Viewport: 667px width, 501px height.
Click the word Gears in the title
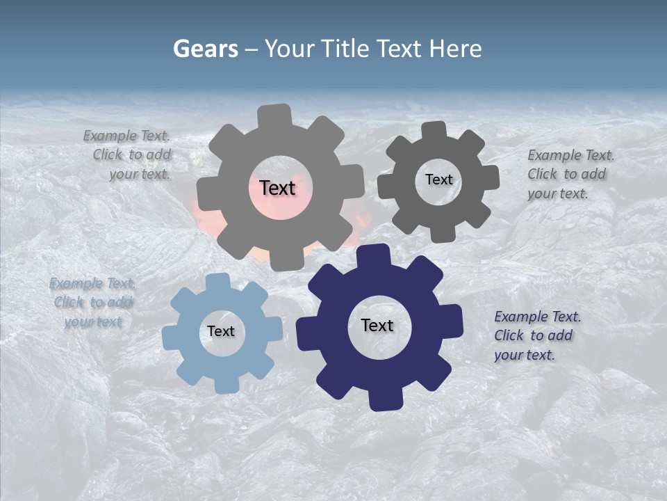point(206,49)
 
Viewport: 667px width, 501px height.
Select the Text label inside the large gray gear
point(277,188)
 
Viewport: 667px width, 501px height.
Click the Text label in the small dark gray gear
point(438,180)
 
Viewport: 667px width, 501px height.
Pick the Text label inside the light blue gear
point(220,332)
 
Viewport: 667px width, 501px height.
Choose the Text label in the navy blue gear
point(377,325)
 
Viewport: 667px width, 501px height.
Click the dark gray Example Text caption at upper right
point(570,174)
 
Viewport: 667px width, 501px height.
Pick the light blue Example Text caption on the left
point(93,303)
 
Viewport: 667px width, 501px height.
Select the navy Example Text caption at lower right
point(536,335)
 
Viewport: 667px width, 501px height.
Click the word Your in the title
point(291,49)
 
